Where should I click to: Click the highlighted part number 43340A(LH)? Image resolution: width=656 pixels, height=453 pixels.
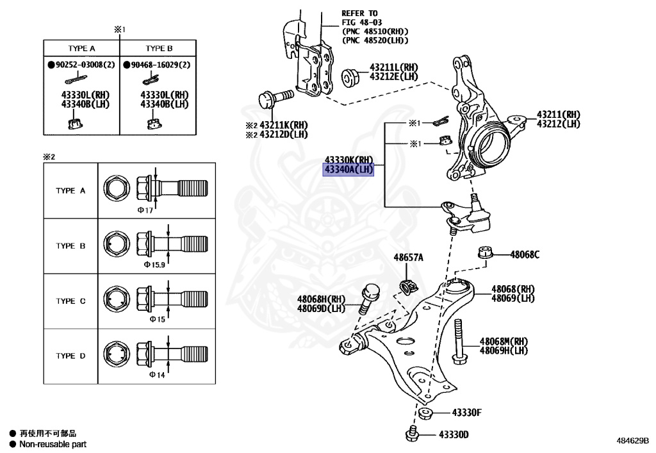point(348,169)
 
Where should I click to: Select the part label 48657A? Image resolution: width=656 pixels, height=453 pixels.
point(408,258)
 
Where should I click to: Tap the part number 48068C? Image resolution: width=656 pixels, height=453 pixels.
point(525,254)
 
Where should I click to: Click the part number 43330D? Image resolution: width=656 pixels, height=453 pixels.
point(454,435)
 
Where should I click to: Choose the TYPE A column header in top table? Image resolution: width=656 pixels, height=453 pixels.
point(82,48)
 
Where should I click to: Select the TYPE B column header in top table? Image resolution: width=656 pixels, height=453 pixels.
point(159,48)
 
